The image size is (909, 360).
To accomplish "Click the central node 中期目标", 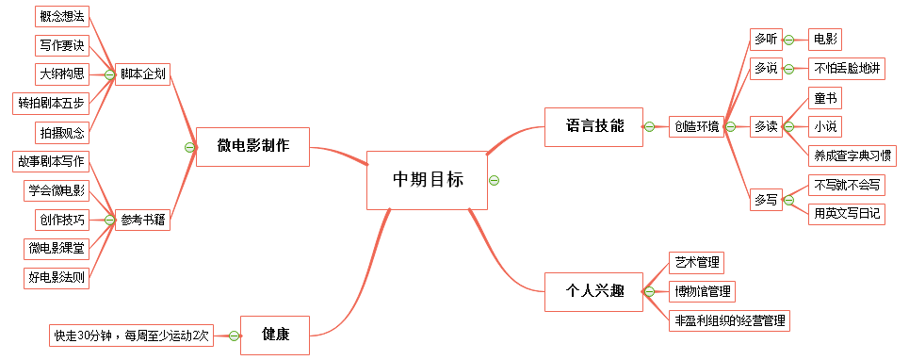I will click(428, 180).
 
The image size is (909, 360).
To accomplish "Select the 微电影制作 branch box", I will click(252, 146).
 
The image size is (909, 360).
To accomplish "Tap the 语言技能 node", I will click(594, 126).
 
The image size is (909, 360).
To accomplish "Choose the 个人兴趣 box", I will click(594, 291).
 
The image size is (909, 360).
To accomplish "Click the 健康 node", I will click(275, 335).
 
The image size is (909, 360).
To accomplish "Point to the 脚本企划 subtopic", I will click(144, 75).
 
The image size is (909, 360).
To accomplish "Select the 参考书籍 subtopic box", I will click(144, 220).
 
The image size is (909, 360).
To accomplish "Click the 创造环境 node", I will click(695, 126).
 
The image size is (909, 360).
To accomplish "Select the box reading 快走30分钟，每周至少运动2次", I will click(131, 335).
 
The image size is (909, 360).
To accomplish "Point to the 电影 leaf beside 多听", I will click(825, 40).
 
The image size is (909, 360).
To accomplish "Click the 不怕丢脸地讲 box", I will click(847, 69).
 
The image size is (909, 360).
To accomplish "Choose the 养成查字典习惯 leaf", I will click(853, 155).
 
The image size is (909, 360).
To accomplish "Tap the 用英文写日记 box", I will click(847, 214).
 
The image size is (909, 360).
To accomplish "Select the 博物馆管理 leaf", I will click(701, 291).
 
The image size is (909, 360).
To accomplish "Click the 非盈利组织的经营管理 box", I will click(729, 320).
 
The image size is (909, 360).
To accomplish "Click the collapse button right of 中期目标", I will click(495, 180).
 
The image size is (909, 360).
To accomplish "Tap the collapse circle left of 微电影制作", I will click(189, 147).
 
